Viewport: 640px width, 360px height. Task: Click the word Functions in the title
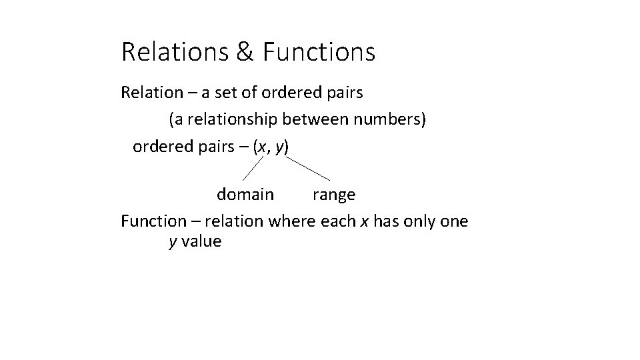(x=319, y=51)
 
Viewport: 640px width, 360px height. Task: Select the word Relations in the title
(x=175, y=51)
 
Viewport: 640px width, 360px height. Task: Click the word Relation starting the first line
(x=152, y=92)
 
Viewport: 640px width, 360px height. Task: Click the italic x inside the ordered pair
(x=263, y=146)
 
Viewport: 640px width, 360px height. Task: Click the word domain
(x=245, y=195)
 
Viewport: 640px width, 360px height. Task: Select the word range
(x=334, y=195)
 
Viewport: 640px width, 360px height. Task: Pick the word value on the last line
(x=201, y=241)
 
